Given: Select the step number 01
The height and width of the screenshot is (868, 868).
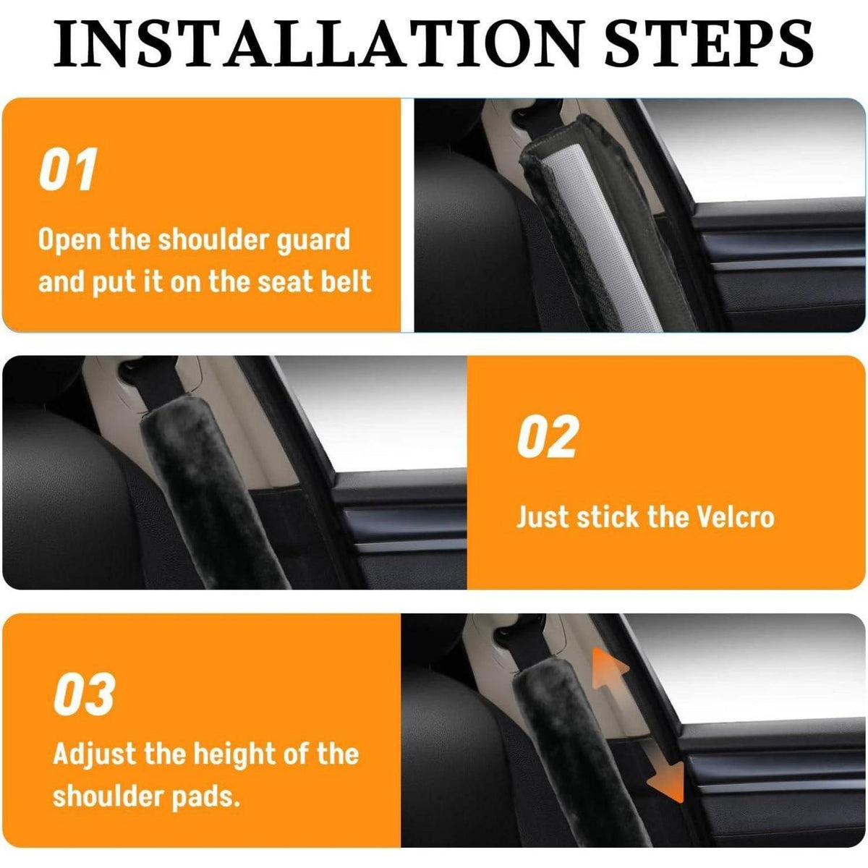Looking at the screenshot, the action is click(67, 169).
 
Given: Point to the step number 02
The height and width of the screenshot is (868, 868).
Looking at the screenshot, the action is click(547, 436).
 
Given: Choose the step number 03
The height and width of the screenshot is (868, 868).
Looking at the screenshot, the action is click(84, 694).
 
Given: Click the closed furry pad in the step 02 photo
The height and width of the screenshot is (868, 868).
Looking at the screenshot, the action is click(212, 498).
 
